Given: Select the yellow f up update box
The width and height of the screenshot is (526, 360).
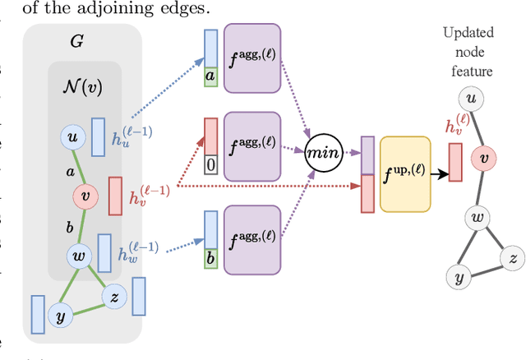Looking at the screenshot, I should point(404,173).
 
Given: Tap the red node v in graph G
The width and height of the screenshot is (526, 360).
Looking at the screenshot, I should point(85,196).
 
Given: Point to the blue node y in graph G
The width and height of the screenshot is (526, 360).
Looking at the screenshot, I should point(59,315).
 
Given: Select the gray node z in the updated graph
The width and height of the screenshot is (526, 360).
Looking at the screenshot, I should point(513,260).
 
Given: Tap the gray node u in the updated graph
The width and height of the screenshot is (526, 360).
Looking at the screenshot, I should point(471,99).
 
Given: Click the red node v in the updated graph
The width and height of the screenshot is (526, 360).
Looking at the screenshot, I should point(484,157).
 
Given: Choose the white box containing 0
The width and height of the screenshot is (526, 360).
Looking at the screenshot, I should point(211,165).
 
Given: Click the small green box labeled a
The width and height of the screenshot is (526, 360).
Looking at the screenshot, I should point(211,76).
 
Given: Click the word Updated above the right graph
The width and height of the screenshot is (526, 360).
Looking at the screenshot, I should point(468,33).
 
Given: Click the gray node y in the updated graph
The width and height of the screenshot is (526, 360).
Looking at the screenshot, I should point(459,277).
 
